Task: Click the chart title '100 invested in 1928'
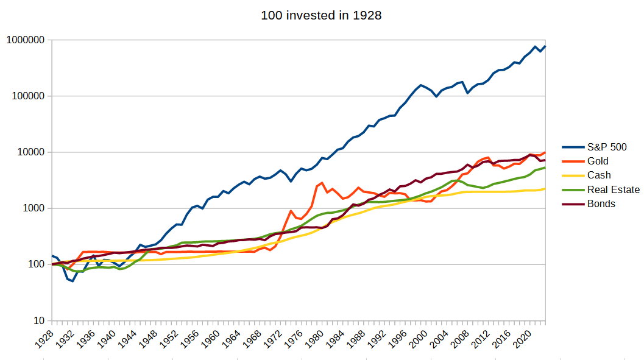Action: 321,15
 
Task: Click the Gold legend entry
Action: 598,161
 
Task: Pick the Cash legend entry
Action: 599,175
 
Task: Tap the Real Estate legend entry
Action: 613,189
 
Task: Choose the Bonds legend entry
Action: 601,204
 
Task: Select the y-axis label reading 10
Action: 37,320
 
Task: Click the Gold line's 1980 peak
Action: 322,183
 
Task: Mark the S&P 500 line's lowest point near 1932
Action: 73,281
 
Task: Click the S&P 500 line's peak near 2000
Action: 421,85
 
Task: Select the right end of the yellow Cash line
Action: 545,188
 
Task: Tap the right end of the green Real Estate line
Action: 545,168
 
